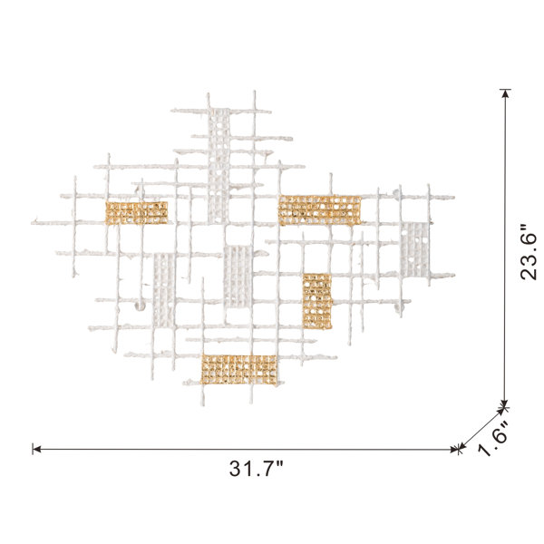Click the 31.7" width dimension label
[x=256, y=468]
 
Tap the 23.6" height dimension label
[x=528, y=251]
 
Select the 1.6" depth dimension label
[x=493, y=438]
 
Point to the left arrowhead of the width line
[x=36, y=449]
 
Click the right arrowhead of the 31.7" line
[x=455, y=450]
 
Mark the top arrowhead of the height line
[x=505, y=93]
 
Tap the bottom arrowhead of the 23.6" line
[x=505, y=403]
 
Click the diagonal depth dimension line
[x=482, y=429]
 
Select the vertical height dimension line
[x=505, y=248]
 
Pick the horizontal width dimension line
[x=246, y=450]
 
